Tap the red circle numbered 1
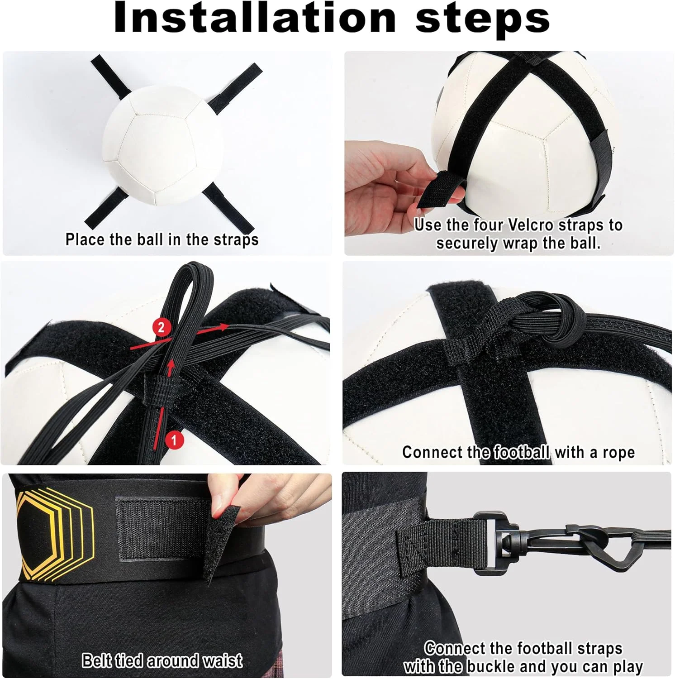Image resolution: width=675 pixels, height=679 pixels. (x=174, y=440)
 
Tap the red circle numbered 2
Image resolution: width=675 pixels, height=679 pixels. (x=162, y=327)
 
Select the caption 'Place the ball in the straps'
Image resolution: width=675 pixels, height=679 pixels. (x=162, y=239)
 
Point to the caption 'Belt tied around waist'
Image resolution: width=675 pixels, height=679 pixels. (x=162, y=660)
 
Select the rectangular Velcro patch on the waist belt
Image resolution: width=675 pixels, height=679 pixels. (x=158, y=530)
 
